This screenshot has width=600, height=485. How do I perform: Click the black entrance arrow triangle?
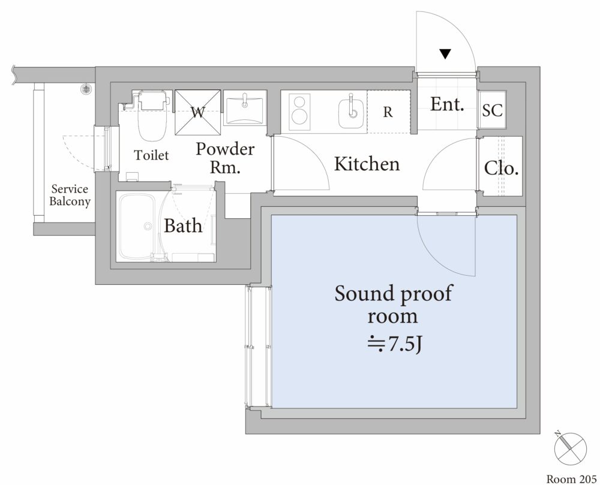[x=445, y=54]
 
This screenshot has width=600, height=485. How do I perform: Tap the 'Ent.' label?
[x=448, y=104]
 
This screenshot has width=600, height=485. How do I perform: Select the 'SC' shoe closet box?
[x=493, y=111]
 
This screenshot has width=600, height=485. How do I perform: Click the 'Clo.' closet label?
[x=501, y=168]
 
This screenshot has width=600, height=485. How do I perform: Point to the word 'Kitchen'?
[x=367, y=164]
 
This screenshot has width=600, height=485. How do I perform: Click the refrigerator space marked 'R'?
[x=388, y=112]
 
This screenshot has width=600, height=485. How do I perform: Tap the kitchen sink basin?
[x=352, y=112]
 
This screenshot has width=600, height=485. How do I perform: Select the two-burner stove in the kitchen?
[x=298, y=110]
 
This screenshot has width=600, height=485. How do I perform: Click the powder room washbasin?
[x=245, y=108]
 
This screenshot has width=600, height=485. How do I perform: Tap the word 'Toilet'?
[x=151, y=155]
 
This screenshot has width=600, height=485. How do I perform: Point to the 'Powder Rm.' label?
[x=225, y=158]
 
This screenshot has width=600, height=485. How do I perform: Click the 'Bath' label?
[x=183, y=226]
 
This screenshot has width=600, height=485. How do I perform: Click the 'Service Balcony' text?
[x=70, y=195]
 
